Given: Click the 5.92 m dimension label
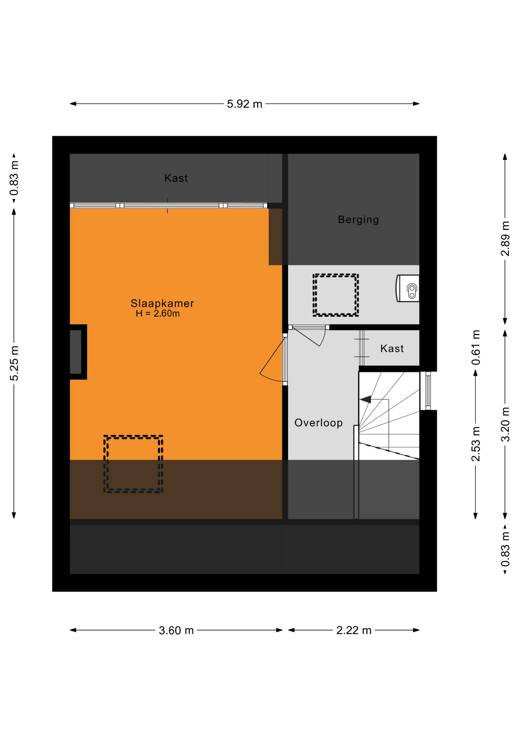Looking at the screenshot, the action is (x=245, y=104).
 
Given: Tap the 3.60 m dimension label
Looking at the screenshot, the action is (x=176, y=630).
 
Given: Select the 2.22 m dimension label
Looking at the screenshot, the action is (x=354, y=630).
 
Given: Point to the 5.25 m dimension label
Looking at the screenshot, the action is (x=14, y=363).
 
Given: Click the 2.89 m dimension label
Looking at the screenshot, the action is (x=505, y=239).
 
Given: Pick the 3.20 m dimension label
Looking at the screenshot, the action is (x=505, y=424).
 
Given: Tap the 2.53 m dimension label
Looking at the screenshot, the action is (x=475, y=443).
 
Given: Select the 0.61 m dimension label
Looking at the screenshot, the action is (x=475, y=348).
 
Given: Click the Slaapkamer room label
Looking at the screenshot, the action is (x=162, y=304).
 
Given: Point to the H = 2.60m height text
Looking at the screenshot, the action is (x=158, y=314).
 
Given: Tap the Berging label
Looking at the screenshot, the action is (x=358, y=220).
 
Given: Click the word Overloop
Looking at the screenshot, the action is (x=318, y=423).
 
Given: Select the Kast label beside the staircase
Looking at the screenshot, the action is (x=392, y=349).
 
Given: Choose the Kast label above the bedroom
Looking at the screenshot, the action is (x=176, y=178).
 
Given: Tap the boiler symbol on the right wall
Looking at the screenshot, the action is (x=408, y=288).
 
